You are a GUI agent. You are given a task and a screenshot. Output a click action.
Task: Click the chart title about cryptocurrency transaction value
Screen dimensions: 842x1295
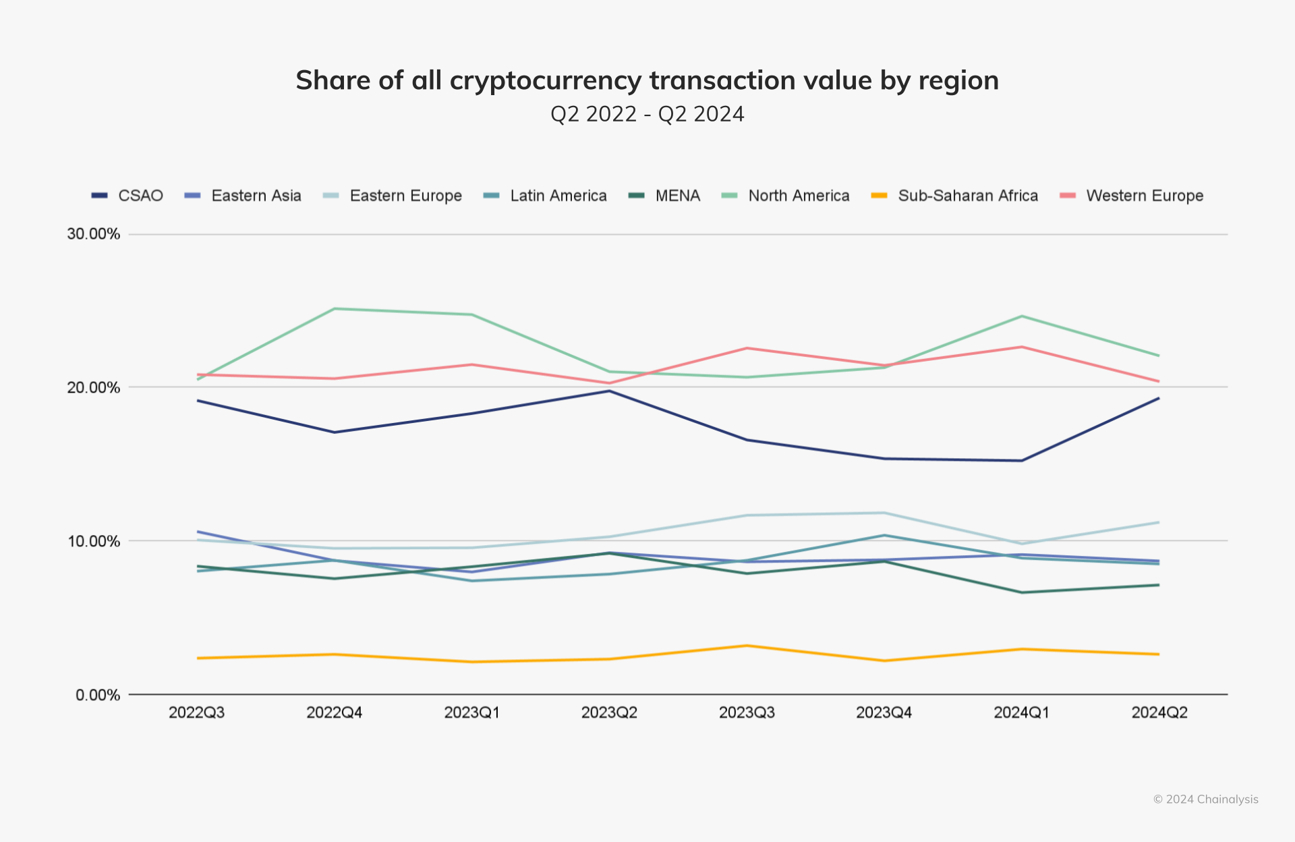tap(647, 80)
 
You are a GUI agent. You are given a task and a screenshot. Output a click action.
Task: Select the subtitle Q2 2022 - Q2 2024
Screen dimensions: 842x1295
tap(647, 114)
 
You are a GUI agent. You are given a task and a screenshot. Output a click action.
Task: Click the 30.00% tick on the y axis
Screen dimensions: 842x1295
tap(93, 234)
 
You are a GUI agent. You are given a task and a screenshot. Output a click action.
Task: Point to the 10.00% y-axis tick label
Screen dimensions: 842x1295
tap(93, 541)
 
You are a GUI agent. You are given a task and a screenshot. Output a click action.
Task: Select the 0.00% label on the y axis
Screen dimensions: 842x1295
tap(97, 695)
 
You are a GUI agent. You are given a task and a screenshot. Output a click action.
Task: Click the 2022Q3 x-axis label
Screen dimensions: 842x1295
tap(196, 712)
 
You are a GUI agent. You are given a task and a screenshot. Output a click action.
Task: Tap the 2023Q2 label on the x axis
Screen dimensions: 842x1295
tap(609, 712)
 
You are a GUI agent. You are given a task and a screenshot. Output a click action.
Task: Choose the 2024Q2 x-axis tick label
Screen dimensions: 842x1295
tap(1159, 712)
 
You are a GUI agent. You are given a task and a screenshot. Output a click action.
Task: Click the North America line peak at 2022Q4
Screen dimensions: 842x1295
tap(335, 309)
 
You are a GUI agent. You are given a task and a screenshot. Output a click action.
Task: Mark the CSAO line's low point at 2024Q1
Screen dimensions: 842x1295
tap(1022, 461)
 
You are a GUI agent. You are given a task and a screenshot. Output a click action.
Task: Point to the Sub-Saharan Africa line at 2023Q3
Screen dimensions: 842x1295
tap(747, 646)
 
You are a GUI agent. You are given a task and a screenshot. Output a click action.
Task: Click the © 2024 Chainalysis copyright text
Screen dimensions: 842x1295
tap(1205, 799)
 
